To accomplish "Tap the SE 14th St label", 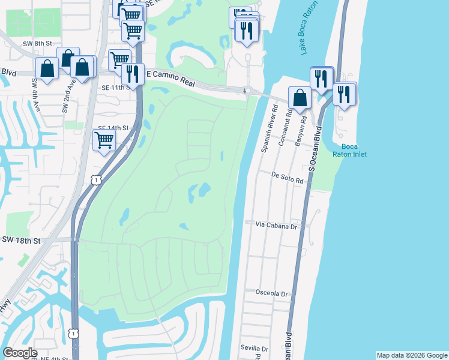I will [113, 128].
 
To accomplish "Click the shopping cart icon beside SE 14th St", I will [104, 140].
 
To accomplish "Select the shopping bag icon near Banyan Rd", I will [300, 97].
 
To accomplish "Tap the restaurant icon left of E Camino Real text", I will [131, 74].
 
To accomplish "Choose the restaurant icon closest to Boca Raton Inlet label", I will [345, 94].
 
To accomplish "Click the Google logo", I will [20, 353].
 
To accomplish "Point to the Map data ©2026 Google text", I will [412, 355].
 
